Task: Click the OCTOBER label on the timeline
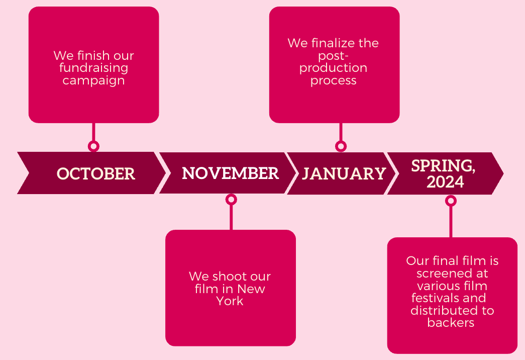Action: pos(96,173)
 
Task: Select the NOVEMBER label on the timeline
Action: pos(231,173)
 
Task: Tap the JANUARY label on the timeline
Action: pos(344,173)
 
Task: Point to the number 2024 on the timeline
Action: pos(445,182)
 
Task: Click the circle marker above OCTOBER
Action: pos(93,146)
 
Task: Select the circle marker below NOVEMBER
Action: pos(231,200)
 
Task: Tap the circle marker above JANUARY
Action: pos(341,146)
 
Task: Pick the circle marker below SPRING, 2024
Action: pos(451,201)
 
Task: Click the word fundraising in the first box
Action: pos(94,68)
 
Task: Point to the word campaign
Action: pos(94,81)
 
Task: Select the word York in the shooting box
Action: pos(230,301)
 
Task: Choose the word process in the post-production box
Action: pos(334,81)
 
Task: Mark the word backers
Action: pos(451,322)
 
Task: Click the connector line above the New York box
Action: pos(231,218)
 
